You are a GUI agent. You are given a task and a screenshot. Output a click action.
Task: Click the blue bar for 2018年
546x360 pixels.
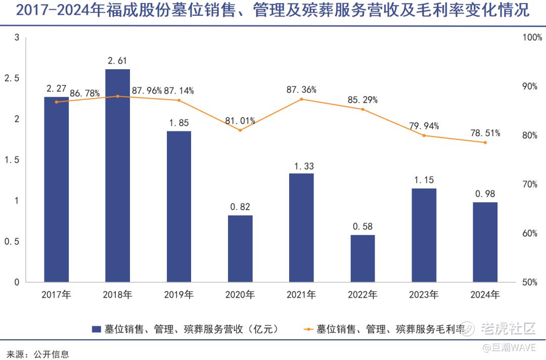click(117, 175)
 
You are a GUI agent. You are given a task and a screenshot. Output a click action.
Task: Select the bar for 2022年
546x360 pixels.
click(362, 258)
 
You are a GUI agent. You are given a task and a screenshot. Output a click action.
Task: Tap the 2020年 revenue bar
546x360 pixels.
click(240, 248)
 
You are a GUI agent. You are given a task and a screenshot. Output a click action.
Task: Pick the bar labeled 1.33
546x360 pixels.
click(301, 228)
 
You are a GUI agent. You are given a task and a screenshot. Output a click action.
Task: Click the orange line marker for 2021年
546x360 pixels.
click(301, 99)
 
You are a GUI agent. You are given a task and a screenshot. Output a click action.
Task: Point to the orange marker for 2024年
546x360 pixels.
click(485, 143)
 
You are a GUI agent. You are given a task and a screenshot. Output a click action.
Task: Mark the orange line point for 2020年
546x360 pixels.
click(240, 130)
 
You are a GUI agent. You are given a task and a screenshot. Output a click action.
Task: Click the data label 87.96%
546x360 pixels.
click(147, 91)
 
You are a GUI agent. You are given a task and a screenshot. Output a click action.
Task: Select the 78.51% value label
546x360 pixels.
click(485, 133)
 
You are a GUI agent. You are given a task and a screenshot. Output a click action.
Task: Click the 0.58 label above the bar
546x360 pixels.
click(362, 226)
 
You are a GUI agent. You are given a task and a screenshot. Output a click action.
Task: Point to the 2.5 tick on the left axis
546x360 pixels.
click(11, 79)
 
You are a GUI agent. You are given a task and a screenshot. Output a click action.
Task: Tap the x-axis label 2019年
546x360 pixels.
click(179, 294)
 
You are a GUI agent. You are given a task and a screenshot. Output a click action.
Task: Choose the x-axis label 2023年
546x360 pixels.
click(424, 294)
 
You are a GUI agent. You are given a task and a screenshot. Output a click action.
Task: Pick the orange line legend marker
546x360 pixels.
click(307, 329)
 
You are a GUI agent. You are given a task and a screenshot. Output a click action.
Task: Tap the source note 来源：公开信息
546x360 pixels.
click(37, 354)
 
